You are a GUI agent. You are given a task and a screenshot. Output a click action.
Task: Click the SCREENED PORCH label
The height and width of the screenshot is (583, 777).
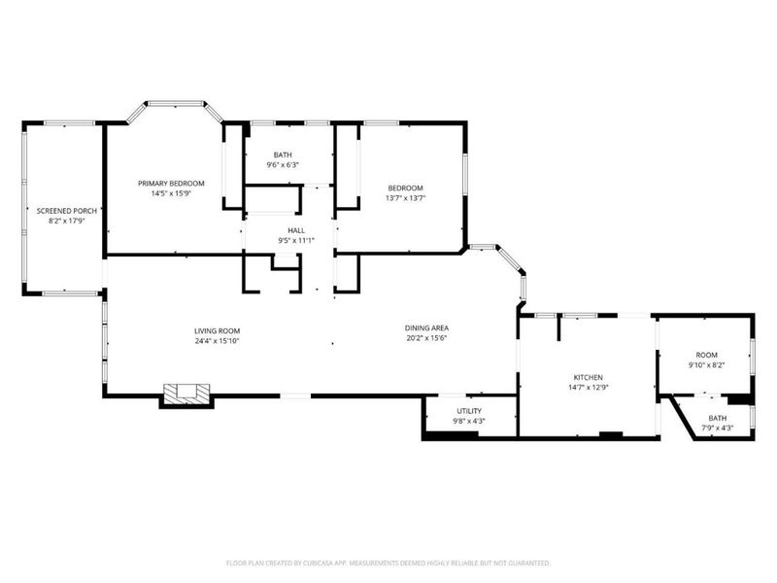click(x=66, y=210)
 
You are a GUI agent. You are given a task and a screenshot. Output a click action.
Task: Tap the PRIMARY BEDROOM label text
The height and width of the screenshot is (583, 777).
click(x=171, y=184)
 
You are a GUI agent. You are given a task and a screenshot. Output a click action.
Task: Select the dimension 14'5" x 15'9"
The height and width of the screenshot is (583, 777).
click(x=171, y=193)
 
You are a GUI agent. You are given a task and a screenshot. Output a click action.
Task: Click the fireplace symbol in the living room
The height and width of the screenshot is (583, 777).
click(x=186, y=394)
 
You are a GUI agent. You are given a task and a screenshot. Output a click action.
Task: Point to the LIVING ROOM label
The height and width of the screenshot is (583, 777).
click(x=217, y=330)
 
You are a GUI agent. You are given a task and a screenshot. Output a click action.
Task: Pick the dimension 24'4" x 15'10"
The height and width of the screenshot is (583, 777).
click(x=217, y=341)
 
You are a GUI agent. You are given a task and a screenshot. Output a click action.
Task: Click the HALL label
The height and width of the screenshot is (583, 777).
click(x=283, y=230)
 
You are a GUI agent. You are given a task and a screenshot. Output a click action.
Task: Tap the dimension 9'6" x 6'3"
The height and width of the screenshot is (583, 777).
click(x=283, y=164)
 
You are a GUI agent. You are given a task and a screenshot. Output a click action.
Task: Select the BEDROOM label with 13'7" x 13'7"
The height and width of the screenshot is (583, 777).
click(x=406, y=188)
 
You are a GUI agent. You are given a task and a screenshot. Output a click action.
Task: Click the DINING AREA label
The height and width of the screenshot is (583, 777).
click(x=426, y=327)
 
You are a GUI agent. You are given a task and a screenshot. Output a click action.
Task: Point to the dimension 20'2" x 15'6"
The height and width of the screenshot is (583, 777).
click(x=426, y=338)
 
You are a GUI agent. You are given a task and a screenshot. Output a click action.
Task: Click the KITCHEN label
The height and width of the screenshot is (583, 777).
click(x=588, y=377)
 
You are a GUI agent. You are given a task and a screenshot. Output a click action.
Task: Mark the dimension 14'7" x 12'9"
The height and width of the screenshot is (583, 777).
click(x=588, y=387)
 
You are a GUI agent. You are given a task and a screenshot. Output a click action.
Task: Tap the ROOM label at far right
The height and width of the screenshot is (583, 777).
click(x=706, y=356)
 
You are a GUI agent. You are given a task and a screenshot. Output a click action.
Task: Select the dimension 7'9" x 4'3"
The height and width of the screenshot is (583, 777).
click(x=721, y=428)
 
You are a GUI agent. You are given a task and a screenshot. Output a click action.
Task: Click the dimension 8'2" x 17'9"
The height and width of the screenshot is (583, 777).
click(x=66, y=221)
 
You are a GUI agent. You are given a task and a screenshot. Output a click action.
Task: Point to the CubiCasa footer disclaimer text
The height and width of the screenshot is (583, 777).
click(x=388, y=563)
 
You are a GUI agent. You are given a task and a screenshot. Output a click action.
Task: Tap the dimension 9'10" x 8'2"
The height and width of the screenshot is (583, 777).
click(x=706, y=365)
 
